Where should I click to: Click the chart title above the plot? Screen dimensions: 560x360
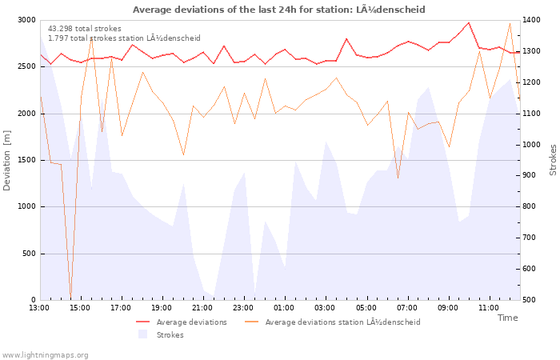279,10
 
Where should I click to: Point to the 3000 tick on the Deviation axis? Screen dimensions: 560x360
26,20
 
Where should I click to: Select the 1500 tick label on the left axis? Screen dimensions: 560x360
26,160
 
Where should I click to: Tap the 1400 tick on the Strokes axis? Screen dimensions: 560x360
531,20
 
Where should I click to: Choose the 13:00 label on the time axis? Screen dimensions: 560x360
39,308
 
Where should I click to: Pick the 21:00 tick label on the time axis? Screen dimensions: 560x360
202,308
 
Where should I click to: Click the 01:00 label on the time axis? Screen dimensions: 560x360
284,308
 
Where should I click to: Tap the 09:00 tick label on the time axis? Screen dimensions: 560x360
448,308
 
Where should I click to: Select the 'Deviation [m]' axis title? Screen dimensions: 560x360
6,160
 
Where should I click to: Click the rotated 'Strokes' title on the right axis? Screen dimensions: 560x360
553,160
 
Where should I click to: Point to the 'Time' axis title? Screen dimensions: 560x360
507,318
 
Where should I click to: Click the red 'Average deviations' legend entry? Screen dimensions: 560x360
182,322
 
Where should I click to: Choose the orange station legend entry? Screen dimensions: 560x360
333,322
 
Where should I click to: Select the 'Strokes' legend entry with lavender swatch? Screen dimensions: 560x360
161,335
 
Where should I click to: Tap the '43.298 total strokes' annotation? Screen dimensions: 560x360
85,29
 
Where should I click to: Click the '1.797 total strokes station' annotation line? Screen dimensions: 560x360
124,38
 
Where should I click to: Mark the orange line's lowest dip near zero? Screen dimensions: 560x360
71,297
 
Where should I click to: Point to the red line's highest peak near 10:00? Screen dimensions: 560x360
469,23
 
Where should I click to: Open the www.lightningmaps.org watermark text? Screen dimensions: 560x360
45,355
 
